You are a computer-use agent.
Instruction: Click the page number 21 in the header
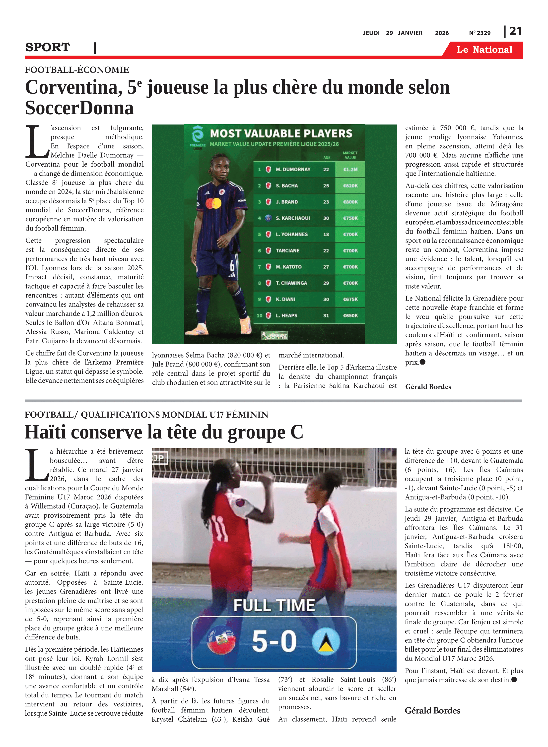515,31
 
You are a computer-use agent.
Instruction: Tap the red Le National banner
484,50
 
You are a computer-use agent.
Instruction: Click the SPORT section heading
47,47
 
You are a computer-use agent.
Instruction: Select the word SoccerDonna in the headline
79,108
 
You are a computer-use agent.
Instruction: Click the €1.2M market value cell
350,169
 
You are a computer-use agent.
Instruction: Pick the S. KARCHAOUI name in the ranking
293,218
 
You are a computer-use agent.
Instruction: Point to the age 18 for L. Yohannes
326,234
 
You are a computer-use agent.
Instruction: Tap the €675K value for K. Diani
350,299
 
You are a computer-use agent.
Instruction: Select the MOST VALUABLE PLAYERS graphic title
281,134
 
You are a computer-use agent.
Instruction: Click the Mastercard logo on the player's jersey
213,203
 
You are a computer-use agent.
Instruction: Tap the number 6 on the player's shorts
232,265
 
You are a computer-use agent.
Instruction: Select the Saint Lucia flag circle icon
326,641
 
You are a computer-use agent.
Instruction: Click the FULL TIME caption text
274,605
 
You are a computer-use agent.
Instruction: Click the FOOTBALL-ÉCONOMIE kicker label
77,70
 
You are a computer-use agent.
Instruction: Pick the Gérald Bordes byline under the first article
428,387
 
